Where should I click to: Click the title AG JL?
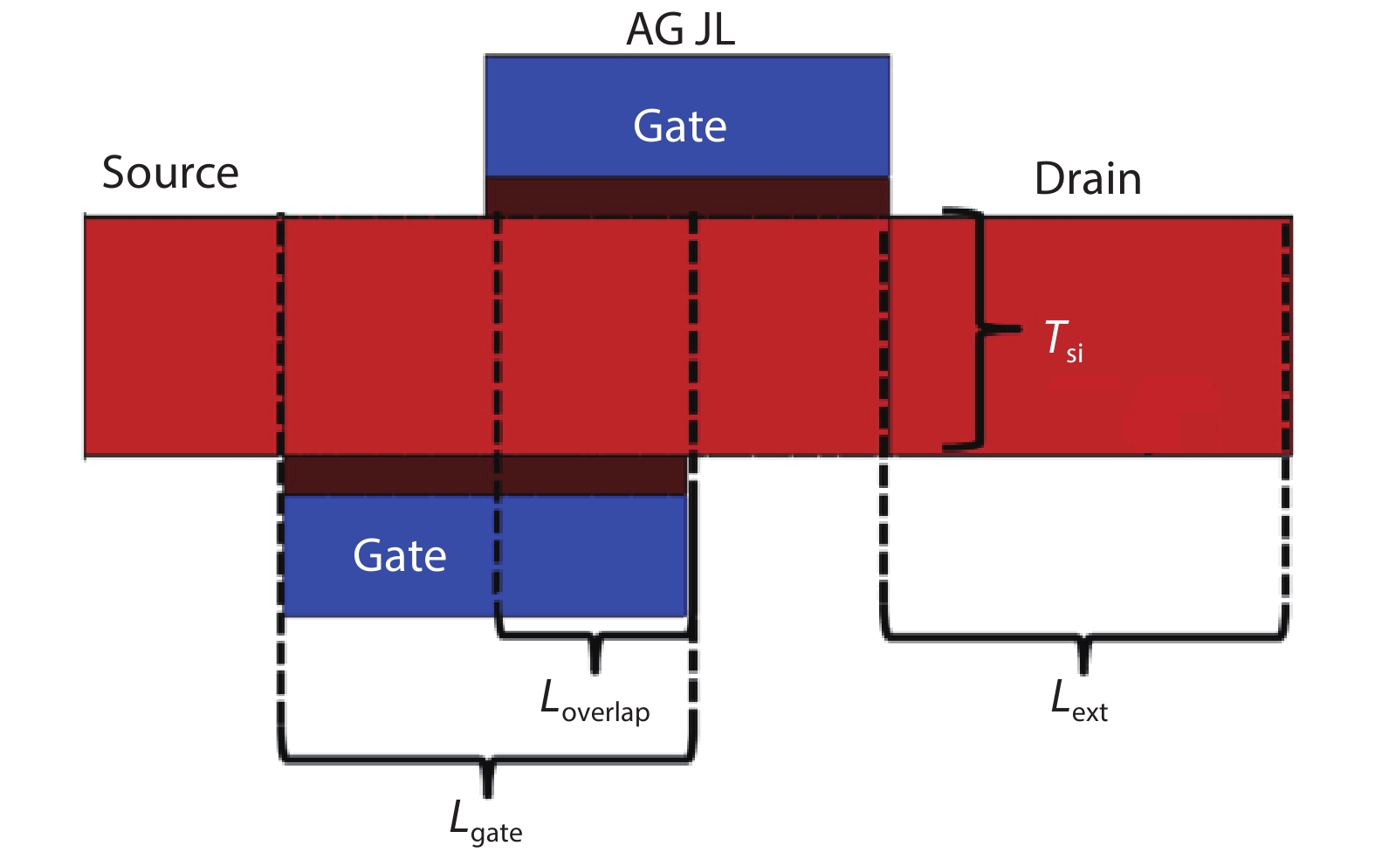point(680,30)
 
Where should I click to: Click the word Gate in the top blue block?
point(679,127)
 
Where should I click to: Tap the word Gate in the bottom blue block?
point(399,556)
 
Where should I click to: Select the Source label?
point(170,173)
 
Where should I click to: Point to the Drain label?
point(1087,179)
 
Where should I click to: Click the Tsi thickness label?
point(1062,340)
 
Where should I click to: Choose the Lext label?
point(1079,703)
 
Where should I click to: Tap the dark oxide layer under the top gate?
point(687,196)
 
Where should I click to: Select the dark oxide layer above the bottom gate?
point(485,476)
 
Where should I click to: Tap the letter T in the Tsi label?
point(1055,337)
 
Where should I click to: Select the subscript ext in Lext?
point(1090,713)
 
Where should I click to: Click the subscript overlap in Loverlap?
point(606,713)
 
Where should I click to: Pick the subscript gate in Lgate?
point(496,834)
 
